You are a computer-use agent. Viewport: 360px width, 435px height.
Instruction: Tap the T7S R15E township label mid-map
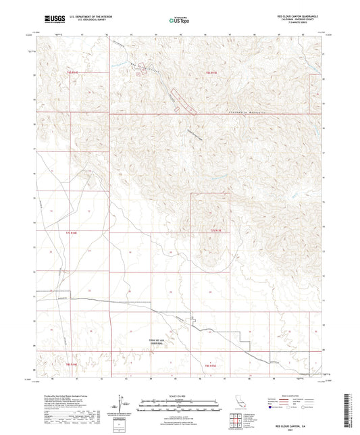(x=215, y=232)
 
